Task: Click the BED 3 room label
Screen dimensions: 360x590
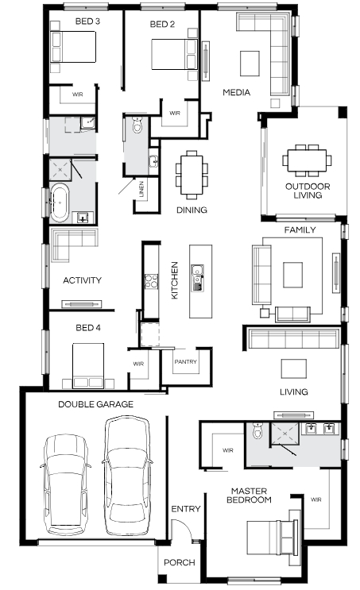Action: coord(87,21)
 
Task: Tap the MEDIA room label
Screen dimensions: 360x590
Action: coord(237,92)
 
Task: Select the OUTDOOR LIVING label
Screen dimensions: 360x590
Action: coord(308,191)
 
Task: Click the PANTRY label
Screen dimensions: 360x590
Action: coord(186,361)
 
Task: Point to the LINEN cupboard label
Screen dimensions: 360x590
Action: coord(141,189)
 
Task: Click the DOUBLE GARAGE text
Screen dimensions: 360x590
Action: coord(95,404)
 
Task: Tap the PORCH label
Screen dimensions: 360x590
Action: coord(180,562)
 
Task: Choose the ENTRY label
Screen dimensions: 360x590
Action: coord(186,509)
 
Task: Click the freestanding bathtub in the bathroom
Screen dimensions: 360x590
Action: coord(60,202)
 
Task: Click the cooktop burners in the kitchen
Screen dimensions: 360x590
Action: coord(151,281)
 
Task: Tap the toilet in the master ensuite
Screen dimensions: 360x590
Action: coord(257,430)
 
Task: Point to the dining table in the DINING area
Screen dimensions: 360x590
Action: coord(192,175)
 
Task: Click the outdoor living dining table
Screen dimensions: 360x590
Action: coord(308,160)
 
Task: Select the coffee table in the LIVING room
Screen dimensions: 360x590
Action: coord(293,368)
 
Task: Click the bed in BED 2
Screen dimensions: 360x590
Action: coord(174,54)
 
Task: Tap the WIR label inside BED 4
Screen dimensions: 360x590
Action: coord(138,364)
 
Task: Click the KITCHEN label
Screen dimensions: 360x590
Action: coord(174,280)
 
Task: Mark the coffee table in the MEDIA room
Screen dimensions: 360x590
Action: coord(250,64)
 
